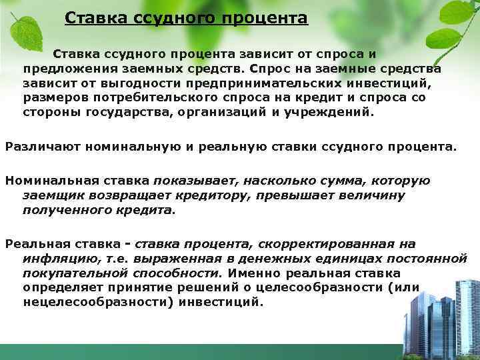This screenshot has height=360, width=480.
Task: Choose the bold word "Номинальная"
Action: [52, 181]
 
